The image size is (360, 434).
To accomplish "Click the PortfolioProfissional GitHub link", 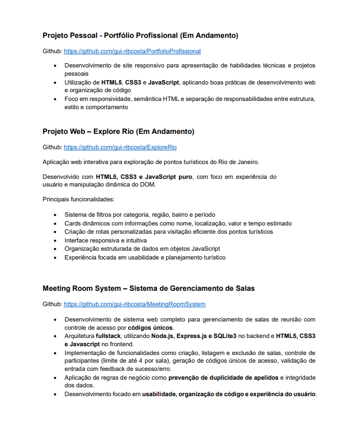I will (x=132, y=51).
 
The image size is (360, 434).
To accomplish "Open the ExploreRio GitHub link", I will (x=120, y=147).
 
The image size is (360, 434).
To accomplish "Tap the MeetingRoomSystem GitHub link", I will (x=134, y=303).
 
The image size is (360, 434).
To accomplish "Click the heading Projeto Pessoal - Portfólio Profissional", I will (x=140, y=36).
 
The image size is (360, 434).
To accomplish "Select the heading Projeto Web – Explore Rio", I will (x=118, y=132).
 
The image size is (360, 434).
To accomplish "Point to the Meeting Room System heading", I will (x=148, y=288).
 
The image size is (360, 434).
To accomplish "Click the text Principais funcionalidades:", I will (x=78, y=199).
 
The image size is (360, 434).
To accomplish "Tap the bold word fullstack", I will (x=109, y=336).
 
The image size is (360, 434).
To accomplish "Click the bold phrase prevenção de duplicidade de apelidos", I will (x=224, y=377).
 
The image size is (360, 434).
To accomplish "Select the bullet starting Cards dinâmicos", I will (x=178, y=223).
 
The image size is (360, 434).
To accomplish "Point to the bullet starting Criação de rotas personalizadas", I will (x=168, y=232).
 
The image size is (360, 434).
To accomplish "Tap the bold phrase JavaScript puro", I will (x=168, y=177).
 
